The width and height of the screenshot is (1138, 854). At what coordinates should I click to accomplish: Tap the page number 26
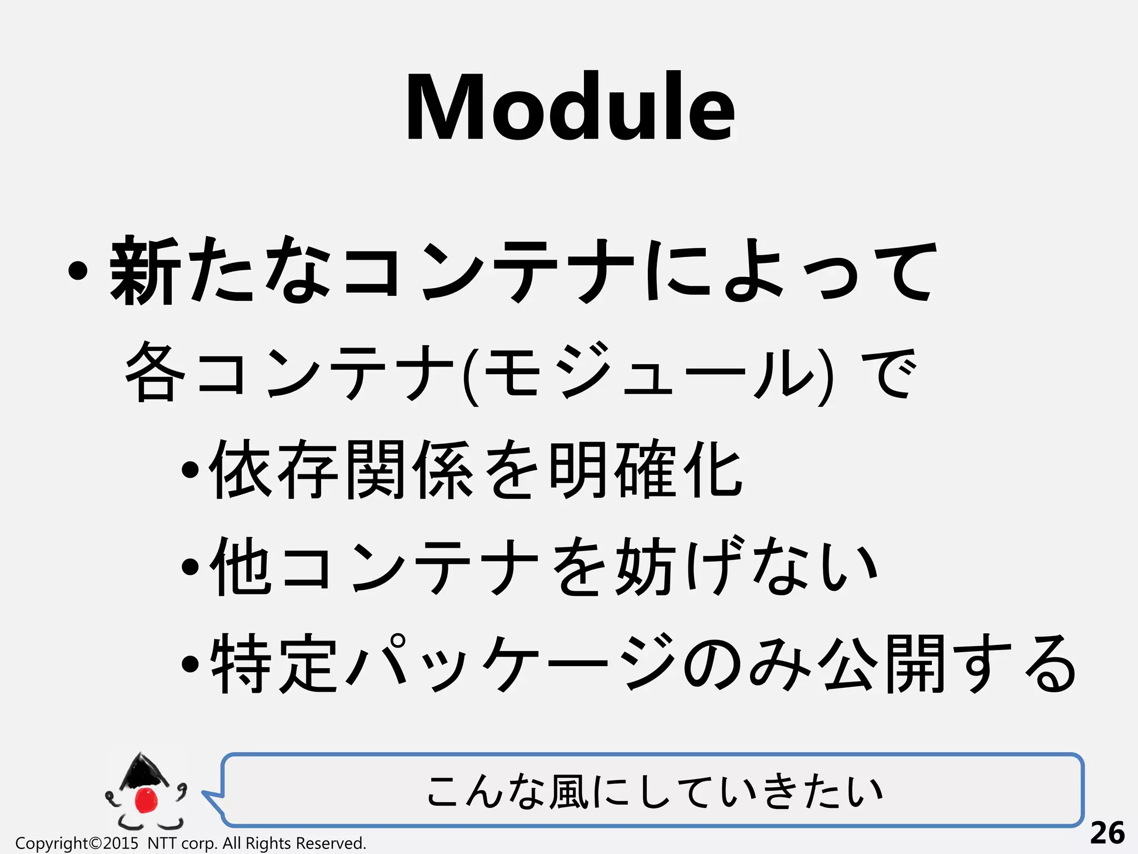(x=1107, y=833)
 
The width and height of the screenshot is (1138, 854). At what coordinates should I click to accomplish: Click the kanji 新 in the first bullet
(x=144, y=271)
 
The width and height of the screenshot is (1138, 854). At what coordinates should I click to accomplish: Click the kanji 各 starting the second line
(x=155, y=371)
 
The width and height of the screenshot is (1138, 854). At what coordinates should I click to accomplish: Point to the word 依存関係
(x=341, y=470)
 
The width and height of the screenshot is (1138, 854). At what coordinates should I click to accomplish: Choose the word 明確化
(x=645, y=470)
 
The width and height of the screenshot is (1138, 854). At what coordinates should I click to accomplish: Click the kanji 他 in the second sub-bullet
(x=241, y=567)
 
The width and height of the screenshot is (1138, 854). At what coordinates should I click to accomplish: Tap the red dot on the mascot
(x=147, y=800)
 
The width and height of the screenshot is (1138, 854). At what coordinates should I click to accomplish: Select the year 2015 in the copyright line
(x=120, y=843)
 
